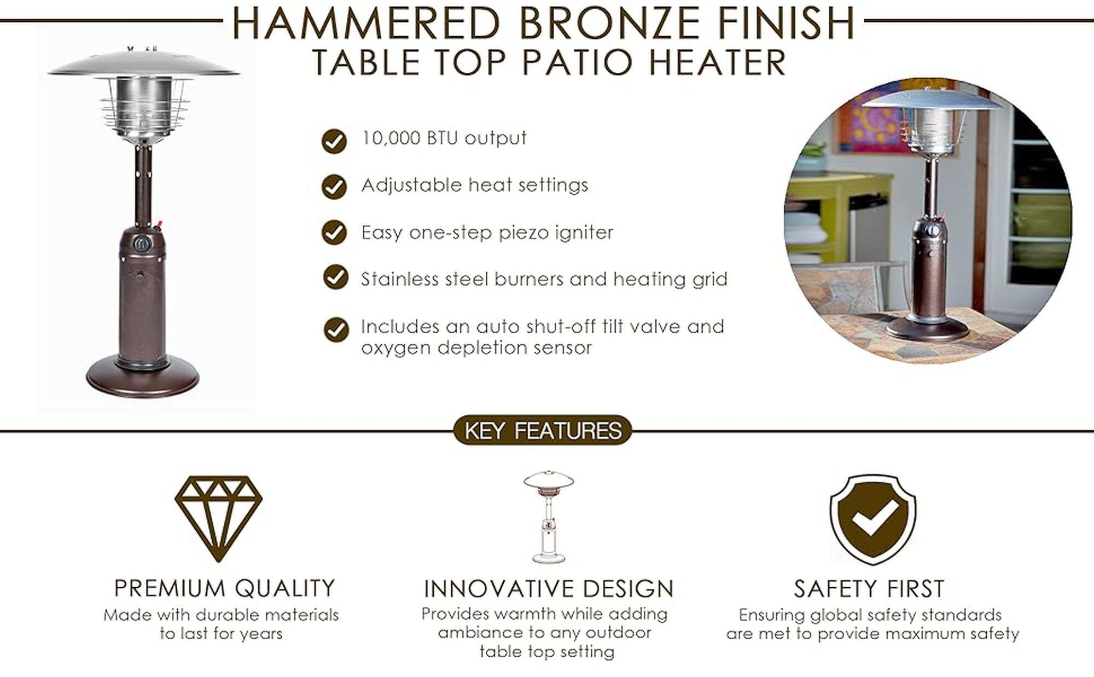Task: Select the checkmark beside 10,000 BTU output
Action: (x=334, y=141)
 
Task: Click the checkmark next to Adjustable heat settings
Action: (x=334, y=187)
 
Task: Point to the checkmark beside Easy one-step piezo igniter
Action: (x=334, y=232)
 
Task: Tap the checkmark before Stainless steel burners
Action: (x=335, y=277)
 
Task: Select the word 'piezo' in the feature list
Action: (x=523, y=233)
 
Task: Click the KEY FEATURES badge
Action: (x=543, y=430)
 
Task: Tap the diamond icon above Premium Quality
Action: (x=219, y=518)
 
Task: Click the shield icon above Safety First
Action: (x=873, y=519)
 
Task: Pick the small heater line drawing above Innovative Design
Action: (x=549, y=517)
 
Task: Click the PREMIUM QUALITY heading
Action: (x=224, y=588)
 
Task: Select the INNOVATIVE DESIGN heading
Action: (x=549, y=589)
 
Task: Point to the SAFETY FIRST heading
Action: (x=869, y=589)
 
